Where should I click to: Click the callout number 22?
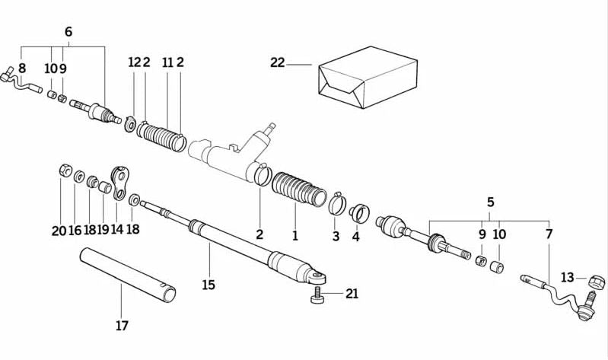click(x=277, y=63)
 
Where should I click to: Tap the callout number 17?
click(x=122, y=327)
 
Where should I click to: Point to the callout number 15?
click(x=209, y=285)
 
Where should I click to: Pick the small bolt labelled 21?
click(x=317, y=295)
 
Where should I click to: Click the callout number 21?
click(x=351, y=294)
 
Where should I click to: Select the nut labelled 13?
click(x=589, y=281)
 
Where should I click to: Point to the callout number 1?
click(x=295, y=235)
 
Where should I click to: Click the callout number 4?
click(x=355, y=237)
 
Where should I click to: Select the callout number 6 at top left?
click(x=68, y=32)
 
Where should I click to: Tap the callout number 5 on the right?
click(x=491, y=202)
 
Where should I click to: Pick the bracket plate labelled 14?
click(x=119, y=183)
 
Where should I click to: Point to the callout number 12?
click(x=134, y=63)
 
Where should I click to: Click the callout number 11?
click(x=167, y=63)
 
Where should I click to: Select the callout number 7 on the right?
click(x=549, y=235)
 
